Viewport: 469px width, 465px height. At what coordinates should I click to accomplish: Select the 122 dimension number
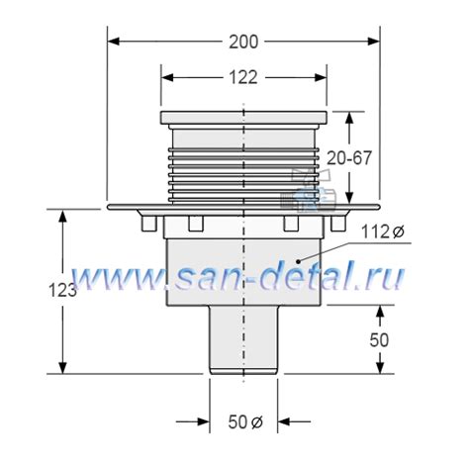[243, 76]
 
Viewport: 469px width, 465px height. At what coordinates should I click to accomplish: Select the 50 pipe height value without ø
[378, 339]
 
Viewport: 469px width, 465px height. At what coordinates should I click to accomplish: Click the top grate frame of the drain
[243, 118]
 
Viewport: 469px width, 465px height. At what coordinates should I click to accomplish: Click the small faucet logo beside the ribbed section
[301, 195]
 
